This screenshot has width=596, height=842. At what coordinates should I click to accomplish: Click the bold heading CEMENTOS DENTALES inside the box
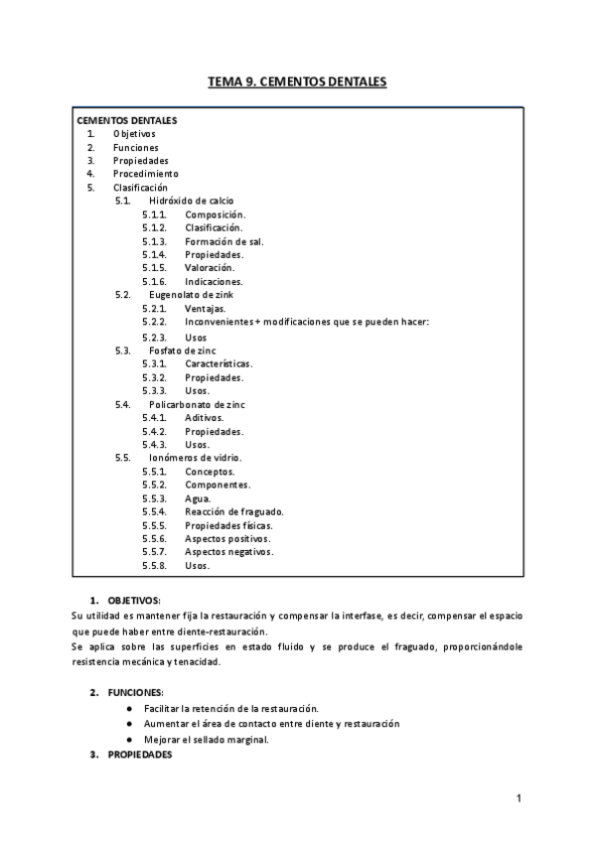coord(127,120)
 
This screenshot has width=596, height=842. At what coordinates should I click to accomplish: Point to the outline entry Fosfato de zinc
coord(182,351)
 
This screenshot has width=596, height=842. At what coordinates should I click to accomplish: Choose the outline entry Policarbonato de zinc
coord(197,405)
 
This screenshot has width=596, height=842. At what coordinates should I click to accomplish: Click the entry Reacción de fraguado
coord(233,511)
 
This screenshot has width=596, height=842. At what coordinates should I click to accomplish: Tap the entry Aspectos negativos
coord(229,552)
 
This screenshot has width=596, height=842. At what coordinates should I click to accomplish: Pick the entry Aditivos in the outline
coord(205,418)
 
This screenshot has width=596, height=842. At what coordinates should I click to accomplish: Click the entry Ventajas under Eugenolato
coord(206,309)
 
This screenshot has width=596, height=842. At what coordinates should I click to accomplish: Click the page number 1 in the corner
coord(519,799)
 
